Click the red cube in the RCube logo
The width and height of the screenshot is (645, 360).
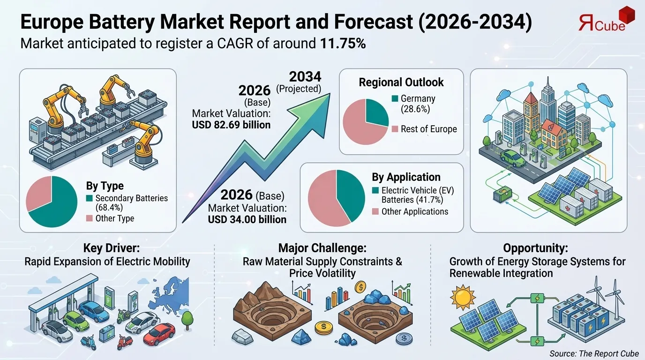pyautogui.click(x=627, y=14)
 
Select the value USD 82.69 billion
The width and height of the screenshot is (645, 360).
pyautogui.click(x=231, y=125)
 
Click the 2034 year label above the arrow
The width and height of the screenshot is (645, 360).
pyautogui.click(x=305, y=77)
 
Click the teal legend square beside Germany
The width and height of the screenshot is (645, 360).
pyautogui.click(x=395, y=99)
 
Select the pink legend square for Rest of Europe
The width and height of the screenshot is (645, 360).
pyautogui.click(x=395, y=129)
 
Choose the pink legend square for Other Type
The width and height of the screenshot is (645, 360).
pyautogui.click(x=89, y=218)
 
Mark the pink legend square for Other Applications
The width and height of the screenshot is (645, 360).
pyautogui.click(x=375, y=212)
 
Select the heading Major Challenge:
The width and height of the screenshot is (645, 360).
pyautogui.click(x=322, y=248)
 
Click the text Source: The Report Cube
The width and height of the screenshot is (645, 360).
pyautogui.click(x=594, y=353)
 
